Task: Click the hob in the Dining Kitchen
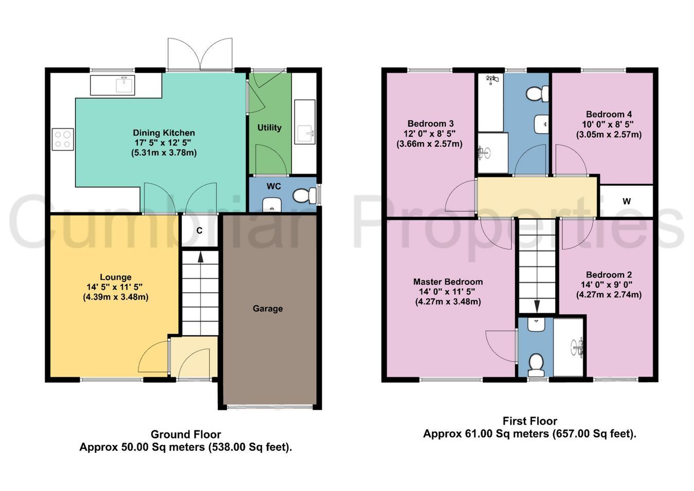coord(63,139)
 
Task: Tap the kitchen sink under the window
coord(113,85)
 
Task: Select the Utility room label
coord(269,128)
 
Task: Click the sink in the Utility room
coord(304,121)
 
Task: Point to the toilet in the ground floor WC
coord(303,196)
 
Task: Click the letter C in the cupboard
coord(199,231)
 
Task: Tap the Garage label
coord(268,308)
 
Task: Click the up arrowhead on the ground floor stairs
coord(200,257)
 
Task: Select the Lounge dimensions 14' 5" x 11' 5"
coord(115,287)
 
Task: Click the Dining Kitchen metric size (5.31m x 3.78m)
coord(164,153)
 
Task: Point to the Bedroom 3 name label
coord(430,124)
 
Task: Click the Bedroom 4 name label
coord(609,114)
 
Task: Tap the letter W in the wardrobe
coord(627,201)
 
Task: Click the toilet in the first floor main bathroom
coord(538,94)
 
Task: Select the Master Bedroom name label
coord(448,282)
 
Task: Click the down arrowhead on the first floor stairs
coord(537,306)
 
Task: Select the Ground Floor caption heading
coord(186,434)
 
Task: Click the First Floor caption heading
coord(530,421)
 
